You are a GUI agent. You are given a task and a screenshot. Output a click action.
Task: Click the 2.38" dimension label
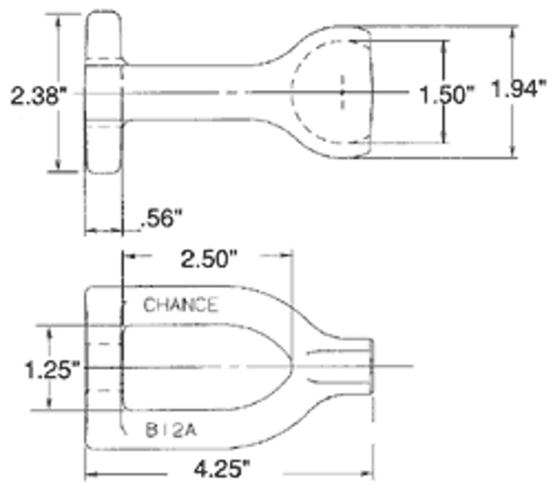(x=38, y=96)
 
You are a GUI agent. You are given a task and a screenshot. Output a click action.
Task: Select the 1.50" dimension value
(x=446, y=95)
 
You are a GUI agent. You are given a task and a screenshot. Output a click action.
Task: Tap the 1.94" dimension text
(x=519, y=88)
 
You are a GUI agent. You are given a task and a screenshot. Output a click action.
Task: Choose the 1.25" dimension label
(x=52, y=370)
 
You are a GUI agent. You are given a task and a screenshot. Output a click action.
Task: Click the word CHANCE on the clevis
(x=180, y=305)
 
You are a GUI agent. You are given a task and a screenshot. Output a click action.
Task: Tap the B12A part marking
(x=171, y=430)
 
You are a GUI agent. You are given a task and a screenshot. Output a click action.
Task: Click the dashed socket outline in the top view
(x=295, y=92)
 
